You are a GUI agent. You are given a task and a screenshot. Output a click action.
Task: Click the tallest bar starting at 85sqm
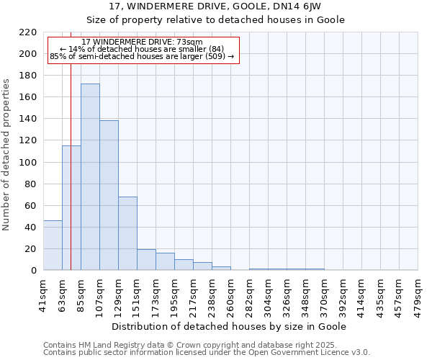pos(90,177)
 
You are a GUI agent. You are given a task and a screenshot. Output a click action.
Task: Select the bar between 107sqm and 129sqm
pos(109,195)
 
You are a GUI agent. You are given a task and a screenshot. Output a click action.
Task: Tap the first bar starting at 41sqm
pos(53,246)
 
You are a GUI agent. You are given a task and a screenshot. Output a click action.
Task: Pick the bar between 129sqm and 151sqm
pos(127,233)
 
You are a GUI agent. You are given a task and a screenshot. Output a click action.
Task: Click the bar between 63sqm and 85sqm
pos(71,208)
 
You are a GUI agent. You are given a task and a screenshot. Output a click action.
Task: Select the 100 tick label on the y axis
pos(28,163)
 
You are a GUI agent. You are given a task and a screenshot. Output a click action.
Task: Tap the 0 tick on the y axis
pos(33,271)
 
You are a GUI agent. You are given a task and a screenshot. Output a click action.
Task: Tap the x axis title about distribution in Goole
pos(230,326)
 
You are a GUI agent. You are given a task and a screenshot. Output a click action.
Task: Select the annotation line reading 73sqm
pos(142,42)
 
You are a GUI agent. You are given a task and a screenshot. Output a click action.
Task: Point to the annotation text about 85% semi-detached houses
pos(142,56)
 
